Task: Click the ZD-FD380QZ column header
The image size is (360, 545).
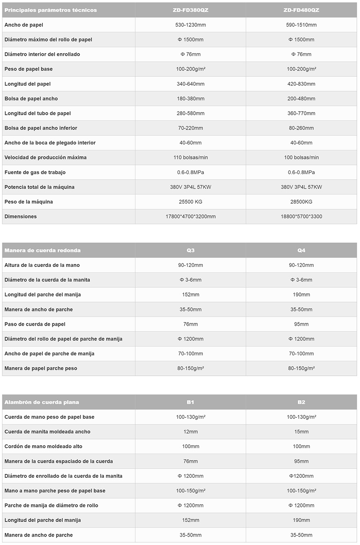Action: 190,10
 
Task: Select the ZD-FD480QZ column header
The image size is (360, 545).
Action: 301,10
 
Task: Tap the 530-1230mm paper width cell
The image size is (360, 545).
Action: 190,25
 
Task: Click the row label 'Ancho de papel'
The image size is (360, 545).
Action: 24,25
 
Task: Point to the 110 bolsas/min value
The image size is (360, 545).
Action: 190,157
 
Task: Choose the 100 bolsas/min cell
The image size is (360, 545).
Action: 301,157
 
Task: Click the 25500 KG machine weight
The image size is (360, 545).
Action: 190,202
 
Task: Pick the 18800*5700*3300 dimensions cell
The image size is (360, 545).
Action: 301,216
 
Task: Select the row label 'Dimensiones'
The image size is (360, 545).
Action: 21,216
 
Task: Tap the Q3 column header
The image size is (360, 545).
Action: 190,250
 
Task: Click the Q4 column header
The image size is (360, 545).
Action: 301,250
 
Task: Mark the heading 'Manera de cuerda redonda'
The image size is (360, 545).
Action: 42,250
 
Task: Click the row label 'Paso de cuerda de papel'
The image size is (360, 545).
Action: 35,324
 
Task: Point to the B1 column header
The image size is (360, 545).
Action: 190,402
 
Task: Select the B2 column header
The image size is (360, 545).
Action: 301,402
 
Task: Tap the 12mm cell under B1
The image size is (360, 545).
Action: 190,432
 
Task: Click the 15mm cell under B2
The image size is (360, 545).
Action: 301,432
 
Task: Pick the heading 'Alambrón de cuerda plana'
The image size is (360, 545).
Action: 42,402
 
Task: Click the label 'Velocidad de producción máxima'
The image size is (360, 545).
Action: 46,157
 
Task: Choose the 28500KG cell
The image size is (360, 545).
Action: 301,202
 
